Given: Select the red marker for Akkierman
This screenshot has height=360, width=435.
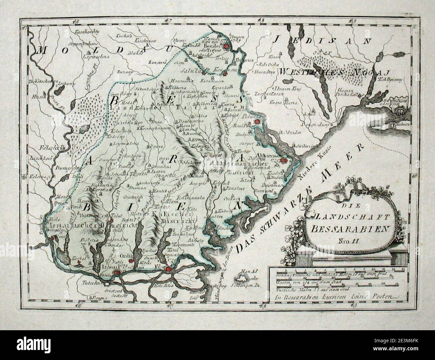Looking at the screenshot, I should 284,161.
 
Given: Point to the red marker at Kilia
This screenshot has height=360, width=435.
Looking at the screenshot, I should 169,268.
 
